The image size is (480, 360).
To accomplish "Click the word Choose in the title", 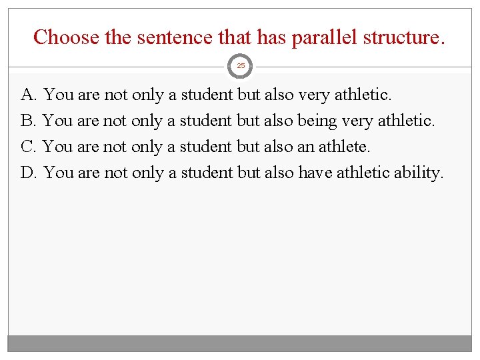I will pos(66,37).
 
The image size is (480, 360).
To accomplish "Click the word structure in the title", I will pos(403,37).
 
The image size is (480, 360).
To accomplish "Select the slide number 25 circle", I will pos(241,65).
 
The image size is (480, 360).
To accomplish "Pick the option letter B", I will pos(27,121).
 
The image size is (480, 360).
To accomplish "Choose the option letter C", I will pos(27,147).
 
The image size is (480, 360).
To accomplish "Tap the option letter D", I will pos(28,173).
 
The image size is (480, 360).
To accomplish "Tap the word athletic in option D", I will pos(361,173).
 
